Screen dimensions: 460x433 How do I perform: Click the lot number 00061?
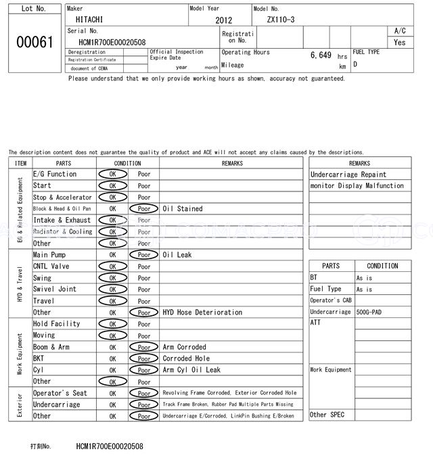(34, 42)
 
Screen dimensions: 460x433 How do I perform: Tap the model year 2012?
(223, 21)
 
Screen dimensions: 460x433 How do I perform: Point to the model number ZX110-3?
(281, 20)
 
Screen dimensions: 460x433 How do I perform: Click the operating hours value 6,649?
(321, 55)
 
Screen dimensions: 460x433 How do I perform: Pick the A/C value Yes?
(400, 42)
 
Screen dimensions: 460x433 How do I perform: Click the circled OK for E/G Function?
(112, 174)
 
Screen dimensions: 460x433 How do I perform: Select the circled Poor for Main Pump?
(144, 255)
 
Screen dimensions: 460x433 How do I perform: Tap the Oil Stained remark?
(183, 209)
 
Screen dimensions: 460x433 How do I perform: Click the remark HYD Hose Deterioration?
(202, 313)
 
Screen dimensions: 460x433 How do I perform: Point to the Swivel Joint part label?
(55, 290)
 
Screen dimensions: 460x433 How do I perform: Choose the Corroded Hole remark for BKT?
(186, 359)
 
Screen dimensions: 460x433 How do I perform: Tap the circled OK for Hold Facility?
(112, 324)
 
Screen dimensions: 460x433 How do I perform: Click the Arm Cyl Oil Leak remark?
(191, 370)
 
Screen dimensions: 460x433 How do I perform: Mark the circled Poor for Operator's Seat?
(144, 393)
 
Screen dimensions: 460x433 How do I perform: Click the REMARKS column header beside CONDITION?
(231, 163)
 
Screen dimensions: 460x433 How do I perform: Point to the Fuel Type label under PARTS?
(326, 290)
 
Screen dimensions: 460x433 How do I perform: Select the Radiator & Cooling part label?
(62, 232)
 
